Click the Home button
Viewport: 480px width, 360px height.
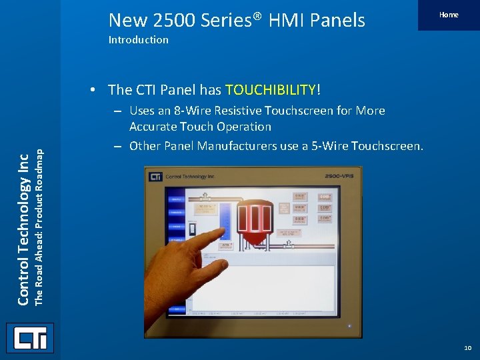pyautogui.click(x=448, y=15)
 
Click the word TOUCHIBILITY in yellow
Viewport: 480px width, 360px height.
pyautogui.click(x=272, y=89)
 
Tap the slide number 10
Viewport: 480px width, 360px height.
pyautogui.click(x=467, y=348)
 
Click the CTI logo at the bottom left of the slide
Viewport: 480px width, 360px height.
pyautogui.click(x=30, y=338)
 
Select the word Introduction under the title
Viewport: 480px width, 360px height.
pyautogui.click(x=138, y=39)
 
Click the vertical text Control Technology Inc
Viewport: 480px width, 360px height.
pyautogui.click(x=23, y=227)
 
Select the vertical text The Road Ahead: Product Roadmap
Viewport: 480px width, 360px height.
pyautogui.click(x=39, y=227)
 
